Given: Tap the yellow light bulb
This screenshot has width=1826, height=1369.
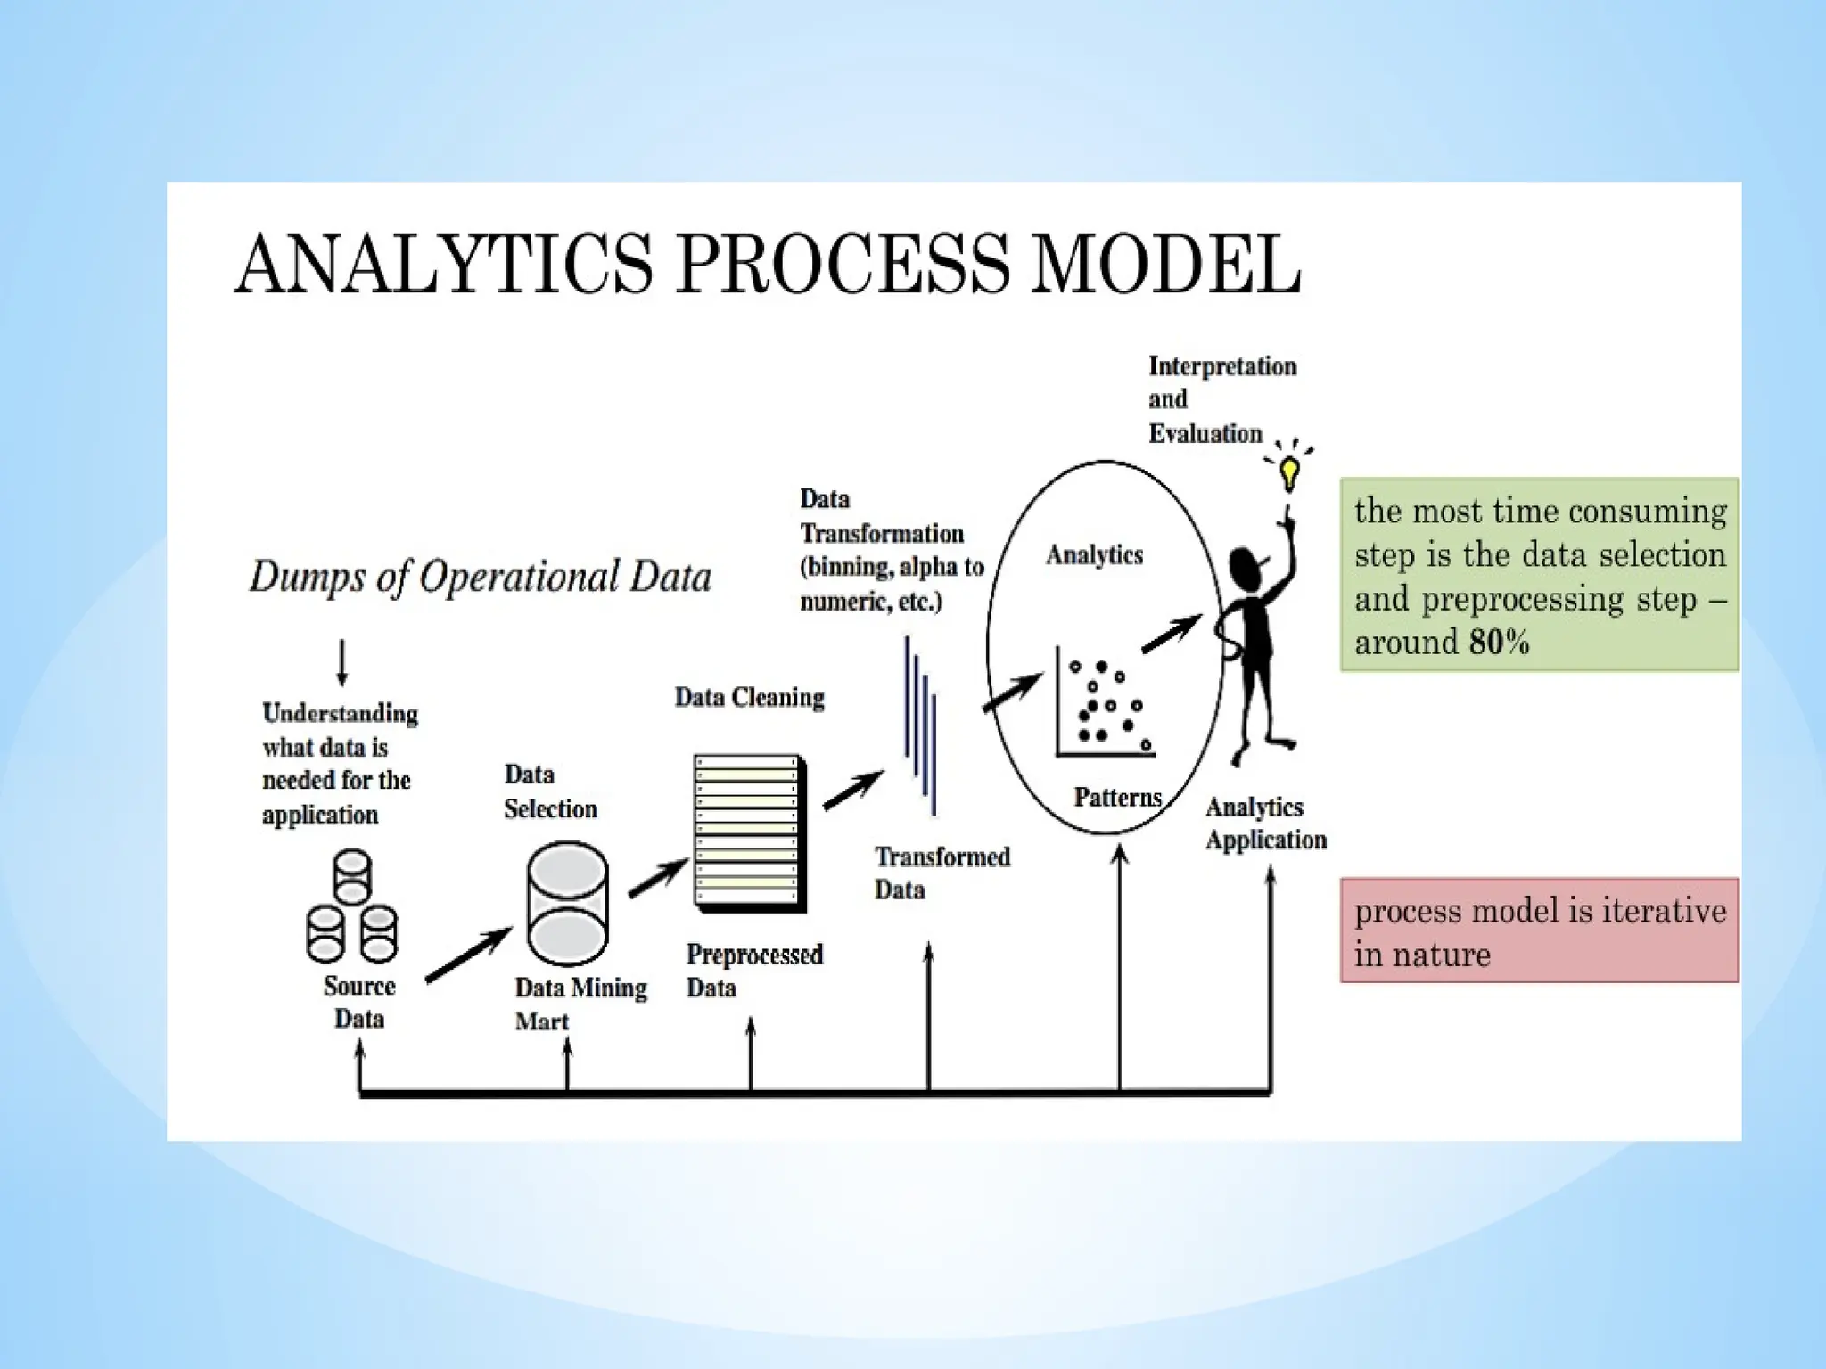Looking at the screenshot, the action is point(1289,471).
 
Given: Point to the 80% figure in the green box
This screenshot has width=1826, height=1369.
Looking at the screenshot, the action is point(1500,643).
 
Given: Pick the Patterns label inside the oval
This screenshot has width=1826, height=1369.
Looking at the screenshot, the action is point(1117,797).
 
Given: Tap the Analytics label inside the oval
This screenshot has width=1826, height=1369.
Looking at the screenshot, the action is point(1094,554).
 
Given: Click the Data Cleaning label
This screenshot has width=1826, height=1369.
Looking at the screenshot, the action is point(749,697).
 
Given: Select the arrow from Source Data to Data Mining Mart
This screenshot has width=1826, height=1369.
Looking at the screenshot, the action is point(469,955).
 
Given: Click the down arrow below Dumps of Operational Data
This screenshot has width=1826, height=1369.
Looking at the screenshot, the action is point(342,662).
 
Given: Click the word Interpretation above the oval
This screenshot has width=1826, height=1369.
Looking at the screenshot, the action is point(1222,366).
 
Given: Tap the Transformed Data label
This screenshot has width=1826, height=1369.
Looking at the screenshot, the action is point(942,873).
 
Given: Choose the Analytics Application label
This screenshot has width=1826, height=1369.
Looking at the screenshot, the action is point(1265,823).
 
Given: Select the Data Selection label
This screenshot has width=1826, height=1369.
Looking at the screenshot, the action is point(550,791).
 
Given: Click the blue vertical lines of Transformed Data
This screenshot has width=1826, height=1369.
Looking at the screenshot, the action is point(920,725).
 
